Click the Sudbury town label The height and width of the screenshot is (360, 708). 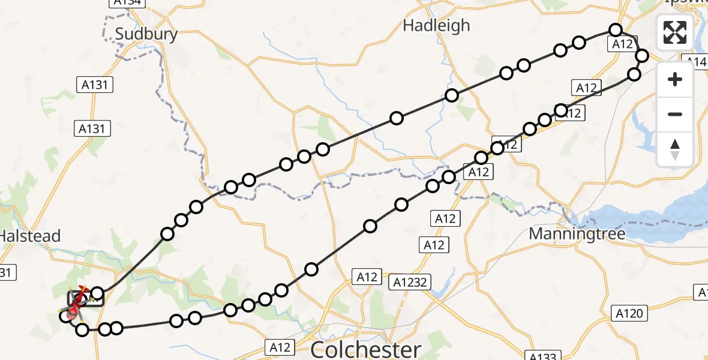pos(146,34)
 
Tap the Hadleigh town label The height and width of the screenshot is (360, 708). pos(436,26)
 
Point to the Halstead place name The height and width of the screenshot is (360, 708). pos(30,236)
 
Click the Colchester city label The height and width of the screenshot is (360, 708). pos(366,349)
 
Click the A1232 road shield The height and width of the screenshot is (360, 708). pos(410,281)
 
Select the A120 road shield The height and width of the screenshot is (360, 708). pos(629,313)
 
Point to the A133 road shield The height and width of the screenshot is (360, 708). pos(542,356)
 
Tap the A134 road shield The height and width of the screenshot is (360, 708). pos(127,3)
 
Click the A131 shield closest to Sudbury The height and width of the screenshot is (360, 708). pos(95,85)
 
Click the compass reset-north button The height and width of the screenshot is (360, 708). pos(675,149)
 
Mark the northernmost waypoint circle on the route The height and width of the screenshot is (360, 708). pos(615,30)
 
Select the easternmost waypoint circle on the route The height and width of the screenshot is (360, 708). pos(642,56)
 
